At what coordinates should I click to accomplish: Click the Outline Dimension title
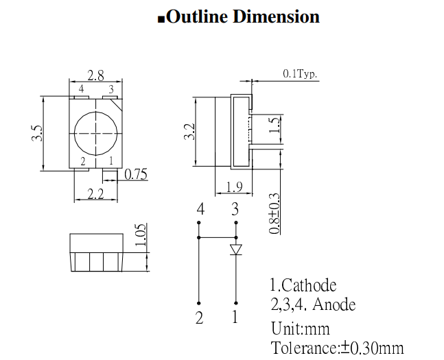pyautogui.click(x=238, y=17)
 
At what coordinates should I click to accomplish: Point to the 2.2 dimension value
pyautogui.click(x=95, y=195)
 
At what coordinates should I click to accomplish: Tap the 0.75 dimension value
pyautogui.click(x=136, y=175)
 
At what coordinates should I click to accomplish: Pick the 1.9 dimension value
pyautogui.click(x=235, y=187)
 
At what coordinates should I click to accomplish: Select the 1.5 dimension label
pyautogui.click(x=274, y=125)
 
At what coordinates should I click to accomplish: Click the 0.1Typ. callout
pyautogui.click(x=301, y=74)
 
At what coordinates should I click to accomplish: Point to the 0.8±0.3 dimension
pyautogui.click(x=274, y=213)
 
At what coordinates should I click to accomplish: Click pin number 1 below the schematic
pyautogui.click(x=235, y=317)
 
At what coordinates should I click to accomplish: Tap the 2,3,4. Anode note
pyautogui.click(x=313, y=304)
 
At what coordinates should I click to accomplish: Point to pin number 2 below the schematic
pyautogui.click(x=200, y=317)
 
